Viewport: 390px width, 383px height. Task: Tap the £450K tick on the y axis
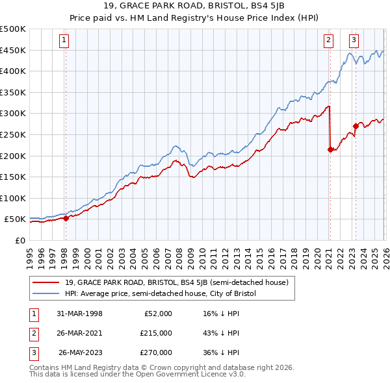coord(12,51)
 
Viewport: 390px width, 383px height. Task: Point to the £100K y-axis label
coord(12,199)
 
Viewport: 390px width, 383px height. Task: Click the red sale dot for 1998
coord(66,218)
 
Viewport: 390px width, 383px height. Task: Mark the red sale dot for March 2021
coord(330,149)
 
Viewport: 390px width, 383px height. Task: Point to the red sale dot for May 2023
coord(356,126)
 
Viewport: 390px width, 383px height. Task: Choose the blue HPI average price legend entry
coord(161,293)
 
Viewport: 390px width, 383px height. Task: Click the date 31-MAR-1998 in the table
coord(79,314)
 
